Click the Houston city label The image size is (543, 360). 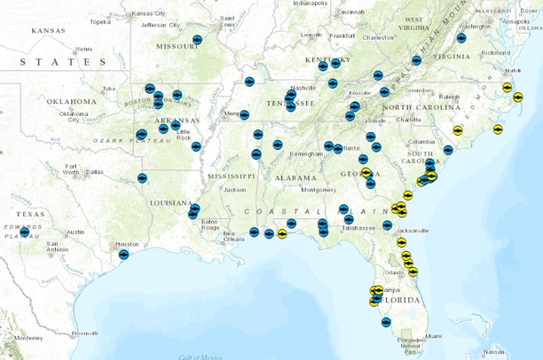(x=130, y=244)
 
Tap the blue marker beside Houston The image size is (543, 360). (x=123, y=254)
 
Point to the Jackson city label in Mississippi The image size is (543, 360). (x=234, y=190)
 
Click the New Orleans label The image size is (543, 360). (x=234, y=238)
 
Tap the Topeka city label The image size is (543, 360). (x=100, y=22)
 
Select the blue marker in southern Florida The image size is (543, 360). (x=386, y=322)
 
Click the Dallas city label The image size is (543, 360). (x=94, y=171)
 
